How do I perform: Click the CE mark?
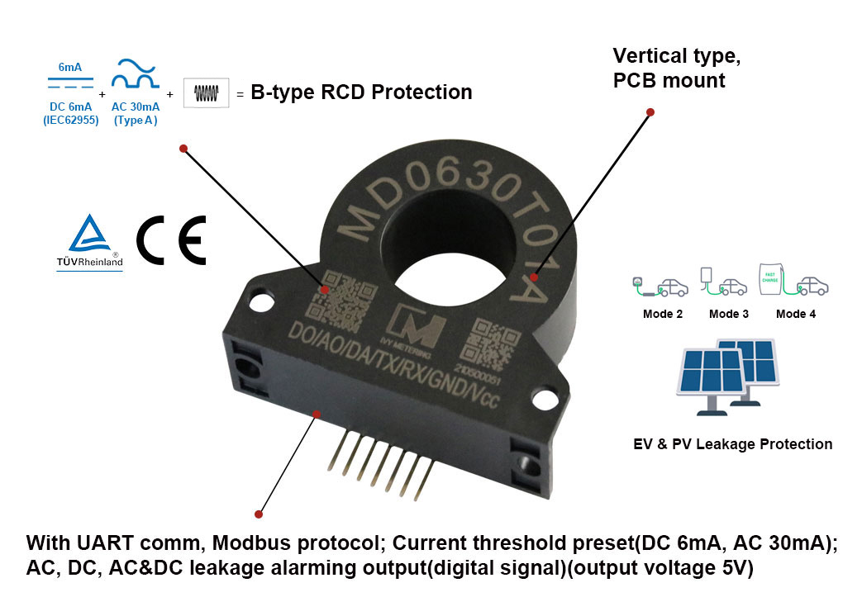170,240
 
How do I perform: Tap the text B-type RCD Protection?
361,92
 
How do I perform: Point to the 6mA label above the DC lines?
70,67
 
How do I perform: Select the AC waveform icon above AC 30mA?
135,74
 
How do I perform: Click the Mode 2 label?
662,314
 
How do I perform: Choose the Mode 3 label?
729,314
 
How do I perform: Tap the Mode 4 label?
796,314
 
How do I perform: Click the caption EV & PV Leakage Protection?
732,444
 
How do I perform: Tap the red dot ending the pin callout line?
259,514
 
